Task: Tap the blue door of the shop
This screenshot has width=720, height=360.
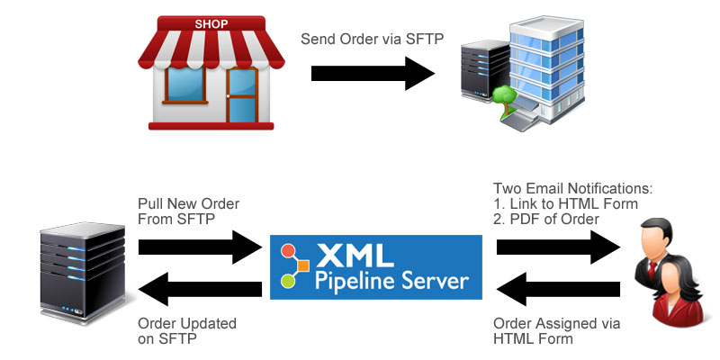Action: click(x=241, y=96)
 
